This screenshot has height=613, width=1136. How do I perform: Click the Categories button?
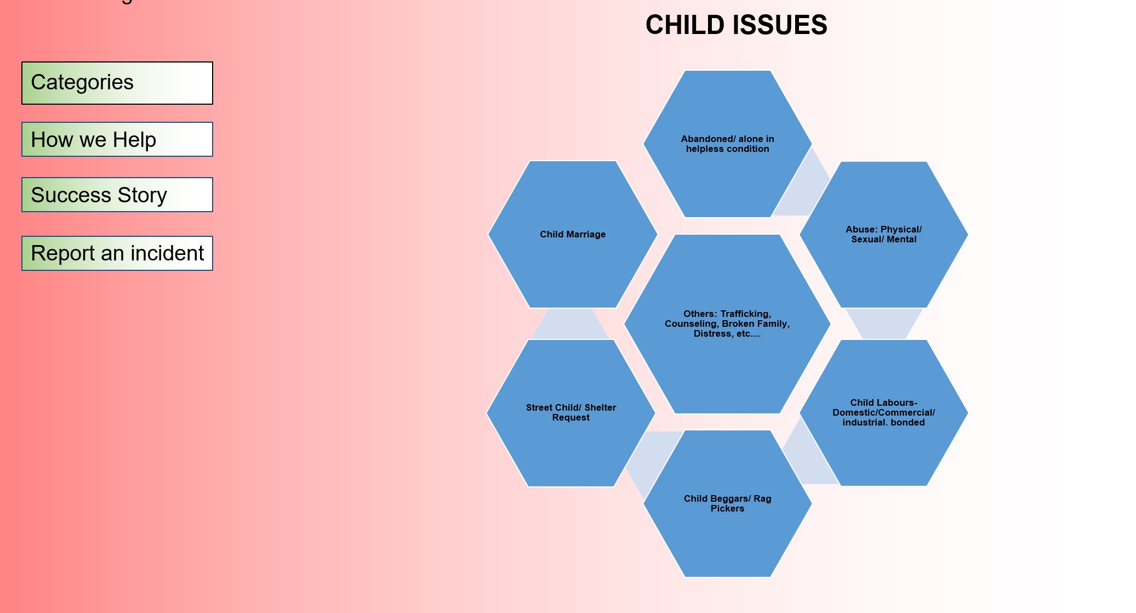117,83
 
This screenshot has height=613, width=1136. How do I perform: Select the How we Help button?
117,139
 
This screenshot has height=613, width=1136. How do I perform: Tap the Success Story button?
117,195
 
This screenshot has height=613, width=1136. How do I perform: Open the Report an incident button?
117,253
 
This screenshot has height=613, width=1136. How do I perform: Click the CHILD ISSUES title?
736,25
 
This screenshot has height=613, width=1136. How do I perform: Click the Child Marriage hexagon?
573,234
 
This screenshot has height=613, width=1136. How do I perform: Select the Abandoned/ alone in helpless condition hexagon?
728,144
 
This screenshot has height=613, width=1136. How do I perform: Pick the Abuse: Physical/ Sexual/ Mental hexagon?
884,234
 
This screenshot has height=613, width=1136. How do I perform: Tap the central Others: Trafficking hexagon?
727,323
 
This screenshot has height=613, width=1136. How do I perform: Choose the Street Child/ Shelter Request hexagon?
571,413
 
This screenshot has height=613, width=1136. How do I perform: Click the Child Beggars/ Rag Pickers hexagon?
728,503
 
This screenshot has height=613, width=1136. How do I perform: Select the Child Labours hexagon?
884,412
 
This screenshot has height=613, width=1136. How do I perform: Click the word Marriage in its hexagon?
585,235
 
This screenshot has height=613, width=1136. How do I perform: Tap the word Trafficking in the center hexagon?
746,314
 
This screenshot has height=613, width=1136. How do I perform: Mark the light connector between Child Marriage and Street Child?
570,324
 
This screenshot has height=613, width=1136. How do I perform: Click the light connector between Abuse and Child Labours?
884,323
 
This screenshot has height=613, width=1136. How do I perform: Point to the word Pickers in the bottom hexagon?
728,509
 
